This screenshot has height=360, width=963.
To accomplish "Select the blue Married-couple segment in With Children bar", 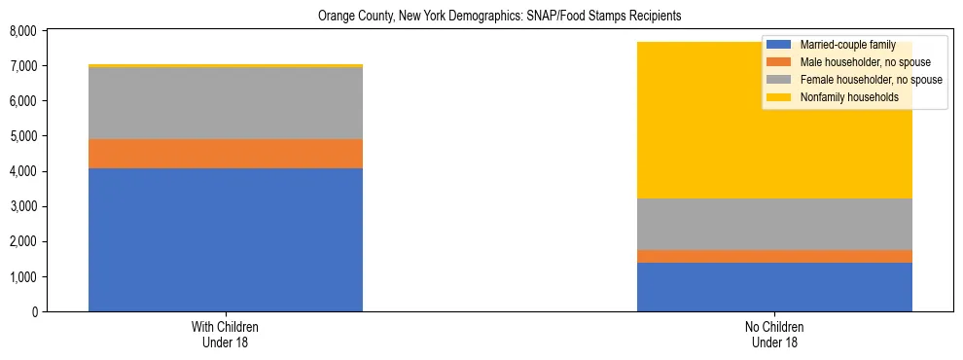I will coord(226,239).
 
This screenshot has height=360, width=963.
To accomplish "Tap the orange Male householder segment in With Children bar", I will coord(226,154).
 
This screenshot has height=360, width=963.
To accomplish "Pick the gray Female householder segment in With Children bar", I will coord(226,103).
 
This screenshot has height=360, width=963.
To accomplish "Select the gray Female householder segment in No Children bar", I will coord(774,224).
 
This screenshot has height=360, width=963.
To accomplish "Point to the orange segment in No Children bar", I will coord(774,256).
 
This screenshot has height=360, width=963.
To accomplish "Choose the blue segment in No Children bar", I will coord(774,287).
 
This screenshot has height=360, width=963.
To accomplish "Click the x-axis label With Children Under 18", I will coord(226,335).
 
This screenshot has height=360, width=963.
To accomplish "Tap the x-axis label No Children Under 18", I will coord(774,335).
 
